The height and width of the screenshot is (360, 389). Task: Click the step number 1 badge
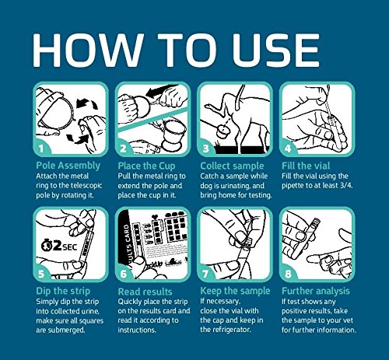pyautogui.click(x=41, y=149)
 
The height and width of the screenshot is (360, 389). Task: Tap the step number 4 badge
pyautogui.click(x=288, y=149)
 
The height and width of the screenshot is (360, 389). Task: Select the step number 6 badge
pyautogui.click(x=123, y=274)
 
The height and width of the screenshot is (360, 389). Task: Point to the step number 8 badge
pyautogui.click(x=288, y=274)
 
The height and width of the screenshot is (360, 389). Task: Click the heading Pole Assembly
pyautogui.click(x=68, y=166)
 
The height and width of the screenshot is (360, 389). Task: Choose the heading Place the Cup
pyautogui.click(x=146, y=166)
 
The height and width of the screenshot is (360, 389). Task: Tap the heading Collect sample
pyautogui.click(x=232, y=166)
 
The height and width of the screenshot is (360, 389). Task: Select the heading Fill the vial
pyautogui.click(x=306, y=166)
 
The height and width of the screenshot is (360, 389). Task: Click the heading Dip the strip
pyautogui.click(x=63, y=291)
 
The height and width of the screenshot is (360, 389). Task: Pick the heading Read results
pyautogui.click(x=145, y=292)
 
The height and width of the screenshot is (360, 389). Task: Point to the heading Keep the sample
pyautogui.click(x=235, y=291)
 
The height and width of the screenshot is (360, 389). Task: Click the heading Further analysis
pyautogui.click(x=316, y=291)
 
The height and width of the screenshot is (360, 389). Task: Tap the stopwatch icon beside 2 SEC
pyautogui.click(x=47, y=246)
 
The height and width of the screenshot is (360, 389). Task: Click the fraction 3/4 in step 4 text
pyautogui.click(x=346, y=186)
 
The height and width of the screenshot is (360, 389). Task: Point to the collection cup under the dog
pyautogui.click(x=223, y=131)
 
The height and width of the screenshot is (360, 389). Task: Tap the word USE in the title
pyautogui.click(x=276, y=51)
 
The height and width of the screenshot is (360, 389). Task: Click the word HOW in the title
pyautogui.click(x=88, y=51)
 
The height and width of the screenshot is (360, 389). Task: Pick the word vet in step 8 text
pyautogui.click(x=349, y=320)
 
